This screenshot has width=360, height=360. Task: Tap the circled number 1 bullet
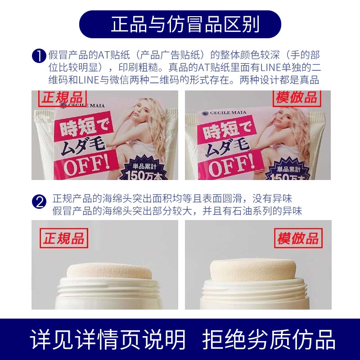coord(40,55)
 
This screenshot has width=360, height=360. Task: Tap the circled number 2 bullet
coord(40,202)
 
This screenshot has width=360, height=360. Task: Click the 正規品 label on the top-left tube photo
coord(61,98)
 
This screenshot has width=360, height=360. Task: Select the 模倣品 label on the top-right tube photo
coord(296,98)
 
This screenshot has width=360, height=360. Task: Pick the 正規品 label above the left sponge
coord(63,238)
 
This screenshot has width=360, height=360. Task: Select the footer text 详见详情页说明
coord(108,339)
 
